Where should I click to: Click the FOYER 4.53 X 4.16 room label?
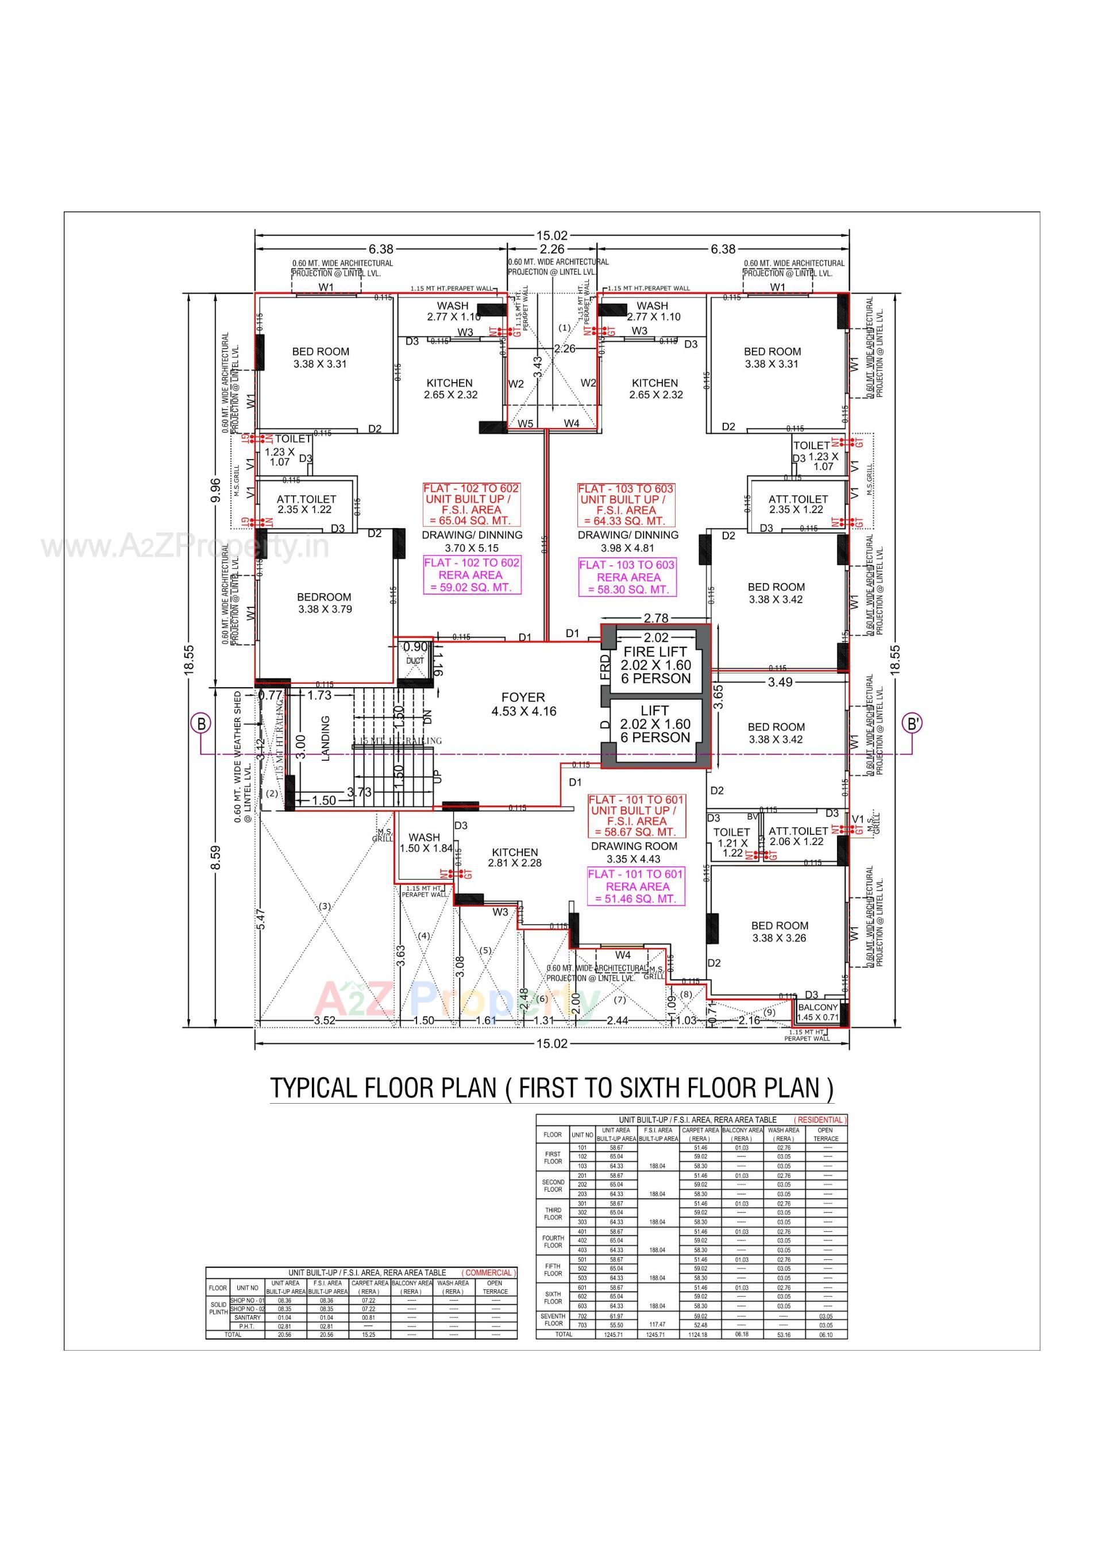coord(523,704)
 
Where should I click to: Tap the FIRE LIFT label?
coord(655,652)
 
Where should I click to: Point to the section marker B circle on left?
coord(200,723)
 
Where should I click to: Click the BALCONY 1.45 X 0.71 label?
coord(817,1012)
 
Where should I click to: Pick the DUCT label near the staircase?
coord(415,660)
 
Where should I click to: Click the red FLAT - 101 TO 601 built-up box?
coord(637,815)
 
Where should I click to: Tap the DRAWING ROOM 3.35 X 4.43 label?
coord(634,852)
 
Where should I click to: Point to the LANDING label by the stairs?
coord(325,738)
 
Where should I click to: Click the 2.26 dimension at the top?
coord(552,249)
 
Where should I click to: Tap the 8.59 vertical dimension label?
coord(215,857)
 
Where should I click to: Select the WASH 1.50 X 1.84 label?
coord(425,842)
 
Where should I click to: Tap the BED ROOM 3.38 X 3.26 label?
coord(780,931)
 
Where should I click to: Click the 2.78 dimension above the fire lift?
coord(655,618)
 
